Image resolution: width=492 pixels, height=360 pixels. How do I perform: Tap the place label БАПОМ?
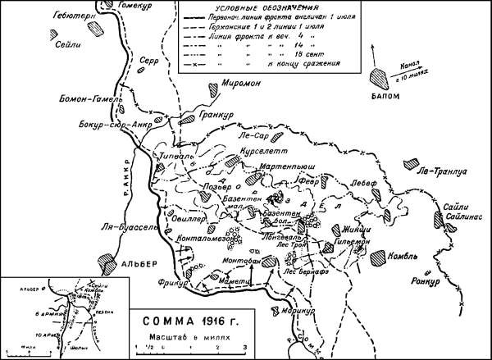pyautogui.click(x=385, y=96)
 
